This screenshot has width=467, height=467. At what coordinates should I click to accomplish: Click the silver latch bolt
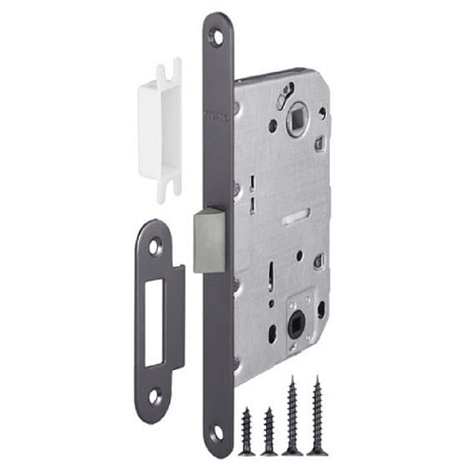tap(208, 240)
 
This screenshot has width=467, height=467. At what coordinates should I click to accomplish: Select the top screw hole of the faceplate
tap(217, 38)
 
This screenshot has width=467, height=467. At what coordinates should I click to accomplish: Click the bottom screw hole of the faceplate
tap(218, 434)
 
